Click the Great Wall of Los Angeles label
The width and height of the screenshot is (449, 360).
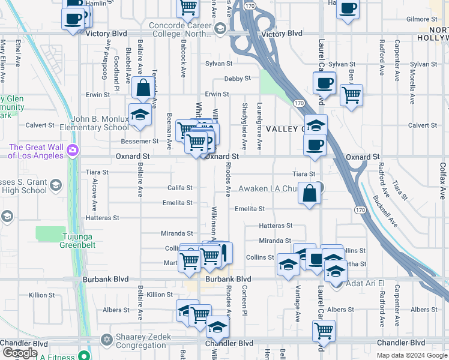[x=35, y=151]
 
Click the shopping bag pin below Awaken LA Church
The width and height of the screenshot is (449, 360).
[x=309, y=194]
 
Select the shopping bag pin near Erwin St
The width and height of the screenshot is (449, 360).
[x=143, y=89]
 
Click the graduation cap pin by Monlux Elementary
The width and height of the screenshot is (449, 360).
[x=139, y=113]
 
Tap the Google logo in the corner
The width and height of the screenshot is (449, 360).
[x=20, y=353]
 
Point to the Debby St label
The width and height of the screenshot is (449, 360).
[x=238, y=79]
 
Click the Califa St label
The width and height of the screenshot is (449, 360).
[x=180, y=188]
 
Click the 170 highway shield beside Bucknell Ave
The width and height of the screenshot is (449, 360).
[x=359, y=209]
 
